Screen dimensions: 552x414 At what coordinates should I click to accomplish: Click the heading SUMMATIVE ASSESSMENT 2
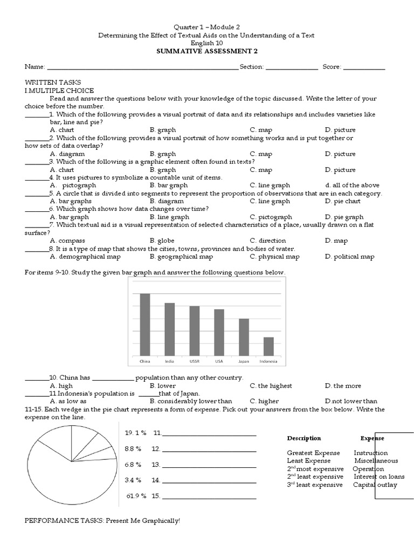[206, 51]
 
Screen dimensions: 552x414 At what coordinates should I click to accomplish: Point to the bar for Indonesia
[268, 346]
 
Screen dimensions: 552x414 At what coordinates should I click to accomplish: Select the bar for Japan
[244, 337]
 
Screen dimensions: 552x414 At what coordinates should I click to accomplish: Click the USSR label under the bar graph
[194, 361]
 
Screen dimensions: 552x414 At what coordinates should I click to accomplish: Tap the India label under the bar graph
[169, 361]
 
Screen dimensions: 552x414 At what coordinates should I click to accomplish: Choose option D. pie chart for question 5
[342, 201]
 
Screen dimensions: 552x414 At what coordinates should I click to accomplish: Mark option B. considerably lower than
[191, 401]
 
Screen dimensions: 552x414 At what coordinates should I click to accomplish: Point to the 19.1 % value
[136, 432]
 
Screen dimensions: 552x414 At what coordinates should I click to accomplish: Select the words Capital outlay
[375, 485]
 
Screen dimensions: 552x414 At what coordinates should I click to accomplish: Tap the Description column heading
[303, 438]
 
